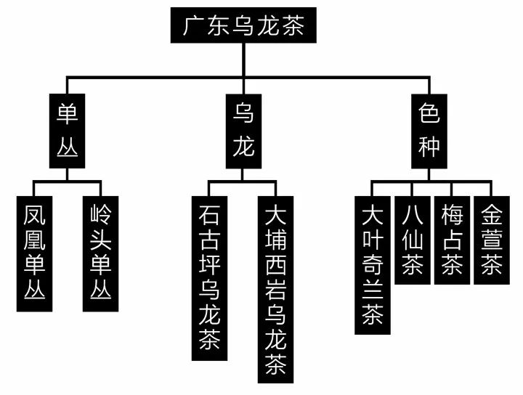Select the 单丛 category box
click(x=68, y=131)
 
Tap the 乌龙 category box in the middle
click(x=243, y=131)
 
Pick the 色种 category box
click(x=429, y=131)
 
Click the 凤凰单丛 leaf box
click(x=33, y=253)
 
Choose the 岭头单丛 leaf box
click(x=100, y=253)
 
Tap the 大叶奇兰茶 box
click(x=372, y=264)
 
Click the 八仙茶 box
click(x=412, y=240)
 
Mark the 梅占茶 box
click(x=452, y=240)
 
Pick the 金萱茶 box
click(x=492, y=240)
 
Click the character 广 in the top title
click(x=194, y=27)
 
